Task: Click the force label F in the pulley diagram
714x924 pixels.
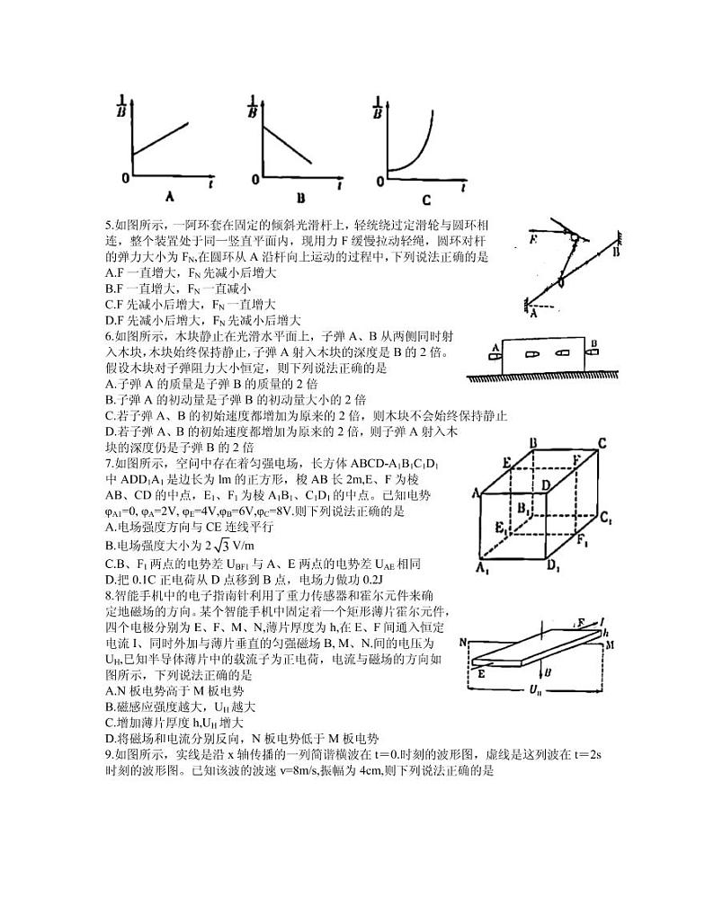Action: (534, 241)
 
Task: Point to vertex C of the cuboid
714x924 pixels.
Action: (603, 443)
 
